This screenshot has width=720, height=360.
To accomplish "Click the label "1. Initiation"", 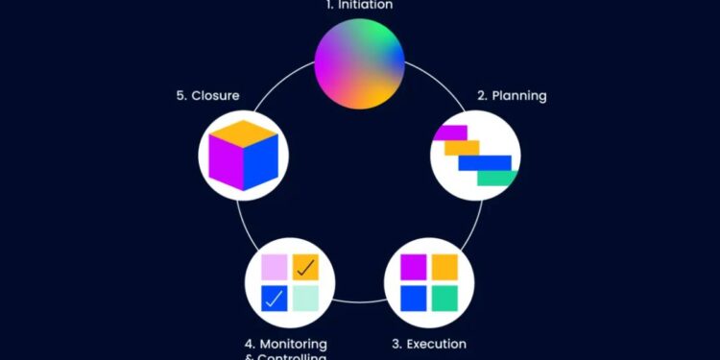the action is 359,5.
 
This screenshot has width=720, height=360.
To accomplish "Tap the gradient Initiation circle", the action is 360,64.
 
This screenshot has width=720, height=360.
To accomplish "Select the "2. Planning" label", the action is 512,96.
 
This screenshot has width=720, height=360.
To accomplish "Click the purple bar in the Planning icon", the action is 450,133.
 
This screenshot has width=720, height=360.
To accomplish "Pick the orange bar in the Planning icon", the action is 462,148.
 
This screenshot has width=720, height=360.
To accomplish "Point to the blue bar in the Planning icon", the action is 484,162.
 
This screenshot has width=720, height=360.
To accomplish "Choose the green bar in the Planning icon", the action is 497,177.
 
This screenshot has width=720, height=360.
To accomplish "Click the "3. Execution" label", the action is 428,344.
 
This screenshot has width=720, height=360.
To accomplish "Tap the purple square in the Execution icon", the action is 414,266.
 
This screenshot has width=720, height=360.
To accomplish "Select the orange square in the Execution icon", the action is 444,266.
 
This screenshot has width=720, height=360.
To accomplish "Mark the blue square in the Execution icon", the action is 414,298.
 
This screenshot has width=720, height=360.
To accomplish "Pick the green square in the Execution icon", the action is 444,298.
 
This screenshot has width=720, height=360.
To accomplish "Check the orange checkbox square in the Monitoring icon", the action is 305,267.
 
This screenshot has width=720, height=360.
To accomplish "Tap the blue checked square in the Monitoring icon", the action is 275,298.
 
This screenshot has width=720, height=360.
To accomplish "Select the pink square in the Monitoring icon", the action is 275,267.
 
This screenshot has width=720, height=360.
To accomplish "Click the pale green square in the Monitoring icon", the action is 305,298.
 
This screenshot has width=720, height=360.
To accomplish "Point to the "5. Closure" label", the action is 207,96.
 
